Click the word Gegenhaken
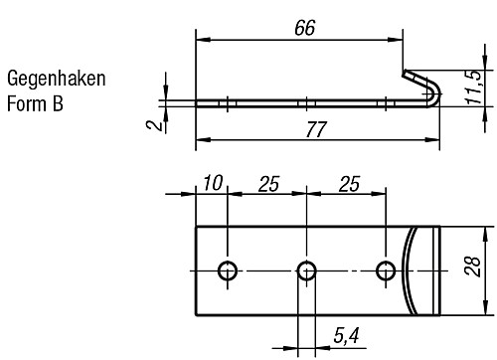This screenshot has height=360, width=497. pos(56,79)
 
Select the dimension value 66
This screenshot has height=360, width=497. pos(305,28)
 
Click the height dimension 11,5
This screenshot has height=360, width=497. pos(481,88)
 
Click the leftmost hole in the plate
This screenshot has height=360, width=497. pos(229,270)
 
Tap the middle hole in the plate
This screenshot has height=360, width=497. pos(307,270)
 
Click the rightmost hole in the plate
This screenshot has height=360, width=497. pos(387,270)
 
